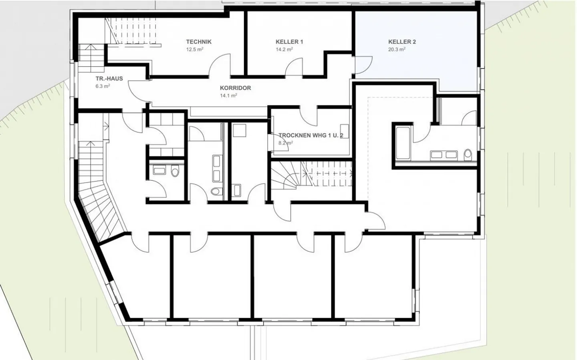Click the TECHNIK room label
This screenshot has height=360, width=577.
[x=199, y=42]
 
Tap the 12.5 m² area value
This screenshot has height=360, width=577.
[x=195, y=50]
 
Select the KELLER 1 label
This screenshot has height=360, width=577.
[x=289, y=42]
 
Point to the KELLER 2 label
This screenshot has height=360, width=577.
[x=402, y=42]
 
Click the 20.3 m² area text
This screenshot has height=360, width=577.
[x=397, y=50]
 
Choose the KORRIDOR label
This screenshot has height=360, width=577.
[x=235, y=88]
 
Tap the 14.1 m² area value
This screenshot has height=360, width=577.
[x=228, y=96]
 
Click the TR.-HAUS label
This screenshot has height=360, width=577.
[x=109, y=79]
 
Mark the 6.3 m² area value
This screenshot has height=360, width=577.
[x=103, y=86]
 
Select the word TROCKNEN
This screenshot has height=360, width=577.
[x=295, y=136]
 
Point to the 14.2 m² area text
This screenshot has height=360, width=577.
[x=284, y=50]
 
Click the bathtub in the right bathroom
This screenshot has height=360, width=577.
[x=402, y=142]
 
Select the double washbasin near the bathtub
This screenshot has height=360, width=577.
[x=443, y=154]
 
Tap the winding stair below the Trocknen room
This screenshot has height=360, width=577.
[x=285, y=177]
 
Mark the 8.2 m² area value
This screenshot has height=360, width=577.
[x=286, y=143]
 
